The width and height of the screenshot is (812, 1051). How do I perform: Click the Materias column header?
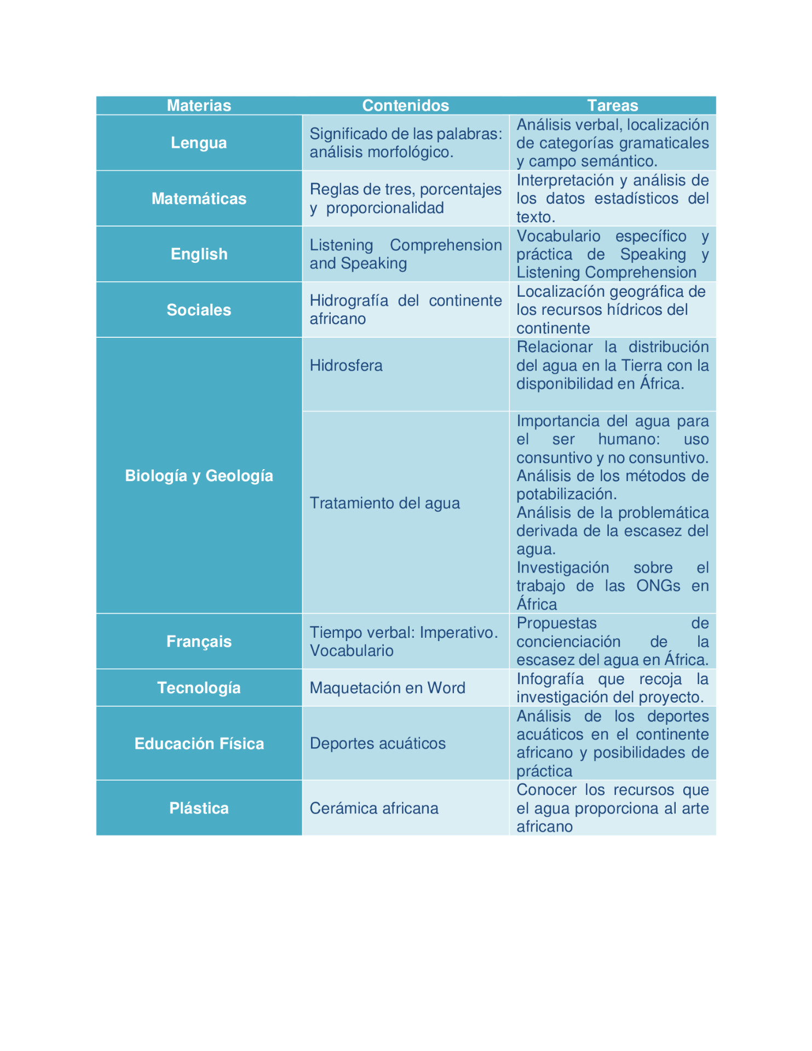tap(199, 105)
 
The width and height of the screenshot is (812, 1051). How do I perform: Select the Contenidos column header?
tap(405, 105)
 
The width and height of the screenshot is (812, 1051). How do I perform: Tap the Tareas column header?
tap(612, 105)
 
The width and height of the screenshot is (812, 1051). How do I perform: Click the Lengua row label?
tap(199, 143)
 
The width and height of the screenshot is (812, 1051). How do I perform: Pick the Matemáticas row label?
tap(199, 199)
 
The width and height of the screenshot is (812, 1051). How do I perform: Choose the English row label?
tap(199, 254)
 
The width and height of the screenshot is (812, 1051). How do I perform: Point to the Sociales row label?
tap(199, 310)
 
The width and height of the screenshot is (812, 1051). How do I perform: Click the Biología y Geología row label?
tap(199, 476)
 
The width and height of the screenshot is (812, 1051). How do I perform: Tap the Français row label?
tap(199, 642)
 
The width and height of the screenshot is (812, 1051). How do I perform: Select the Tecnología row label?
tap(199, 688)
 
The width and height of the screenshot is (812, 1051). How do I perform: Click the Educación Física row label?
tap(199, 743)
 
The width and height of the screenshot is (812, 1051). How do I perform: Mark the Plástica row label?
tap(199, 808)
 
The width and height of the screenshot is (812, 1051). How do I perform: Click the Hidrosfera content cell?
tap(346, 366)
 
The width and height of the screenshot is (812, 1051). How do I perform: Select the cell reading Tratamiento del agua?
tap(384, 503)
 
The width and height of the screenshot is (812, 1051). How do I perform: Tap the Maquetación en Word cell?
tap(387, 688)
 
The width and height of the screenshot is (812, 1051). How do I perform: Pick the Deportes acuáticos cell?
tap(377, 743)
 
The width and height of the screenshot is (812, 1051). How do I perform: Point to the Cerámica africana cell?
tap(374, 808)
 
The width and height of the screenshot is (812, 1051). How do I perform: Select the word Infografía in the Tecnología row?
tap(550, 679)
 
